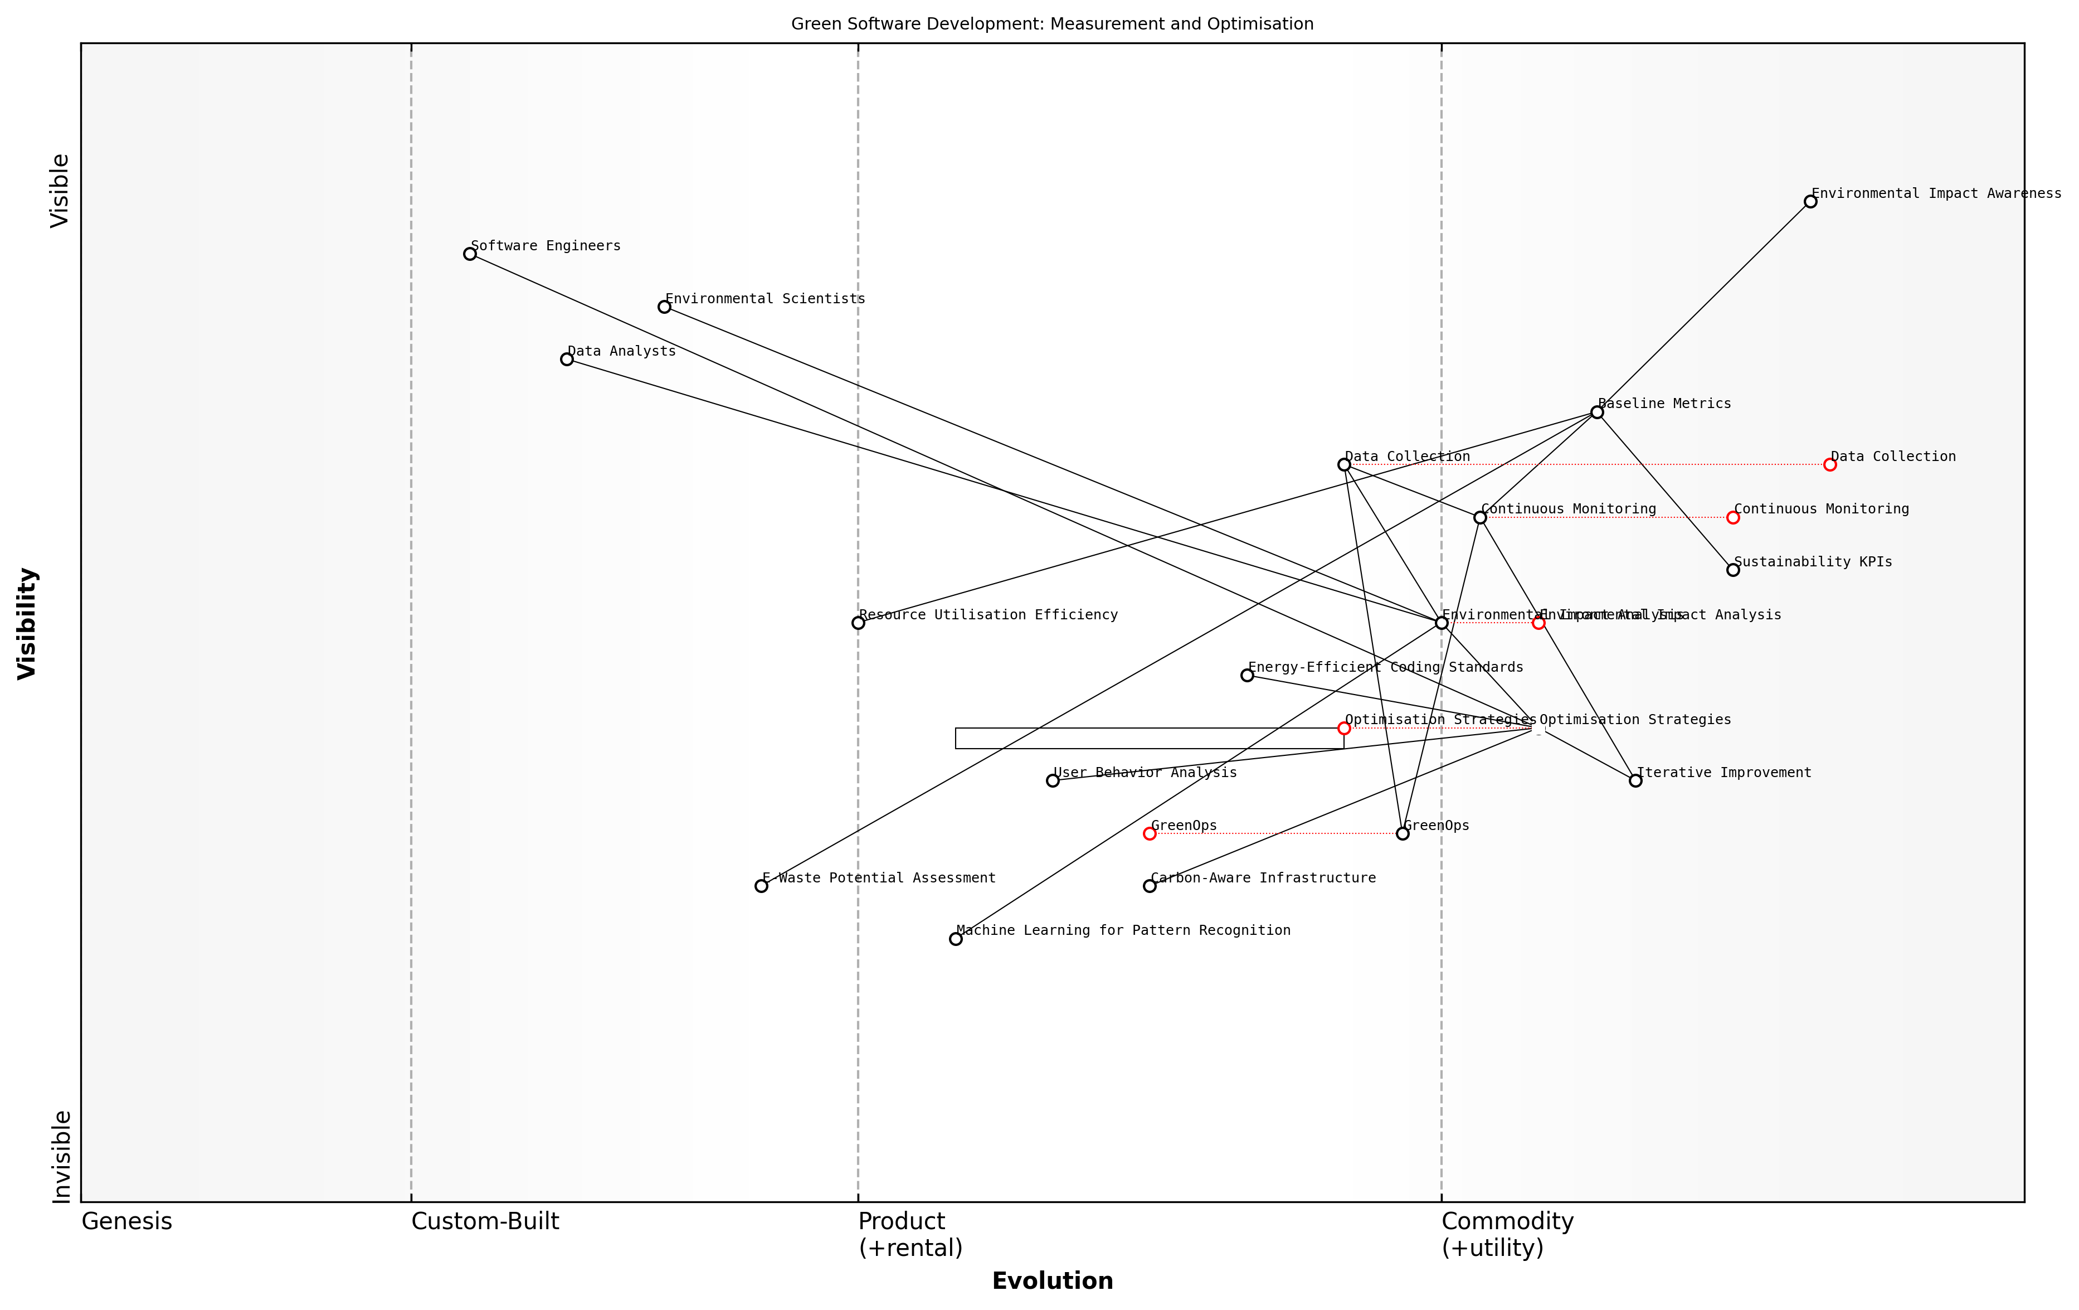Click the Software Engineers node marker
click(x=470, y=254)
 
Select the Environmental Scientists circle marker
click(x=664, y=307)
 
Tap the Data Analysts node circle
click(x=566, y=359)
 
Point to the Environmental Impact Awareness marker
click(x=1810, y=202)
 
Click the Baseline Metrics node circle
click(x=1597, y=413)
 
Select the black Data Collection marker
click(x=1344, y=464)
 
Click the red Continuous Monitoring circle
click(x=1733, y=517)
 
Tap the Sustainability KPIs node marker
click(x=1733, y=570)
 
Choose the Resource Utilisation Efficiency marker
click(x=858, y=623)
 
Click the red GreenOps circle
click(x=1149, y=833)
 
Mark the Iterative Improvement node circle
click(x=1635, y=780)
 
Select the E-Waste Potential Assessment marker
click(x=761, y=886)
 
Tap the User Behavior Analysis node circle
click(x=1053, y=780)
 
